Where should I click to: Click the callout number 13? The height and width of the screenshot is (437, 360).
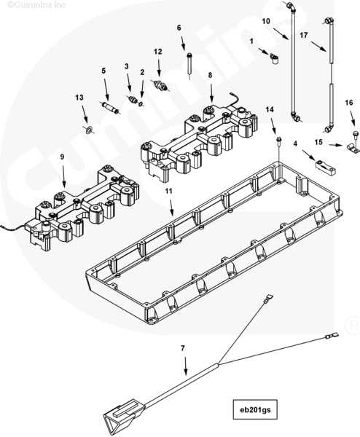coord(79,98)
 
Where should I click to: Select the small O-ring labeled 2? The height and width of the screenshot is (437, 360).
coord(141,103)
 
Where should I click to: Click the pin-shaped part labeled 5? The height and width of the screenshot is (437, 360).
coord(110,107)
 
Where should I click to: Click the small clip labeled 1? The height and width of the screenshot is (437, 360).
coord(274,59)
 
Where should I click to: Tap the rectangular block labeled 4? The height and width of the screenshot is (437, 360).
coord(326,168)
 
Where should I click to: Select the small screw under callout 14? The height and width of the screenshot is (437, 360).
coord(278,141)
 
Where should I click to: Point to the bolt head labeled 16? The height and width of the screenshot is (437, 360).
coord(355,133)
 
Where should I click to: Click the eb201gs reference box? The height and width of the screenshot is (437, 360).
coord(255,409)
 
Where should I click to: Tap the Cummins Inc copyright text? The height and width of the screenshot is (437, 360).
coord(36,5)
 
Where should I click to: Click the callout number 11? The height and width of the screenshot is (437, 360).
coord(168,191)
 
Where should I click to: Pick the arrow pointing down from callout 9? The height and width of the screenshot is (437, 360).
coord(63,176)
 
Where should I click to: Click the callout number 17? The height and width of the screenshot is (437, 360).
coord(304,35)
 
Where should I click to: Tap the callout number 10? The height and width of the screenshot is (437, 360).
coord(266,21)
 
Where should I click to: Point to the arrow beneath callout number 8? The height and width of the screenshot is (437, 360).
coord(211,92)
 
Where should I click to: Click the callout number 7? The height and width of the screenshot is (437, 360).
coord(183,348)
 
